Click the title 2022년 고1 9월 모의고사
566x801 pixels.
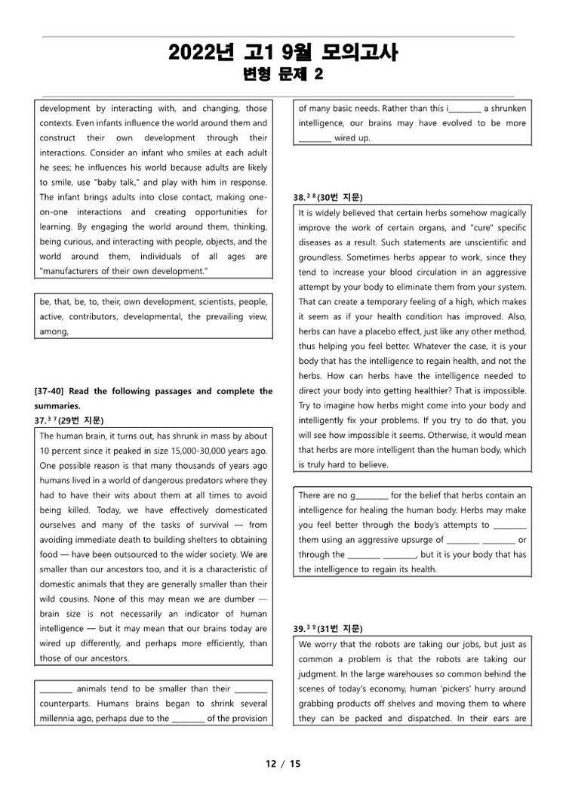tap(282, 53)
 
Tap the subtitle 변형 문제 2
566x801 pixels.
tap(282, 74)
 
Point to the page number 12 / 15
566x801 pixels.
tap(283, 763)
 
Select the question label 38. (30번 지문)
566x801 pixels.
tap(328, 198)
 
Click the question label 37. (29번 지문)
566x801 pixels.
tap(69, 421)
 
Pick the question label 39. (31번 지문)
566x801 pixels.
tap(328, 628)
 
